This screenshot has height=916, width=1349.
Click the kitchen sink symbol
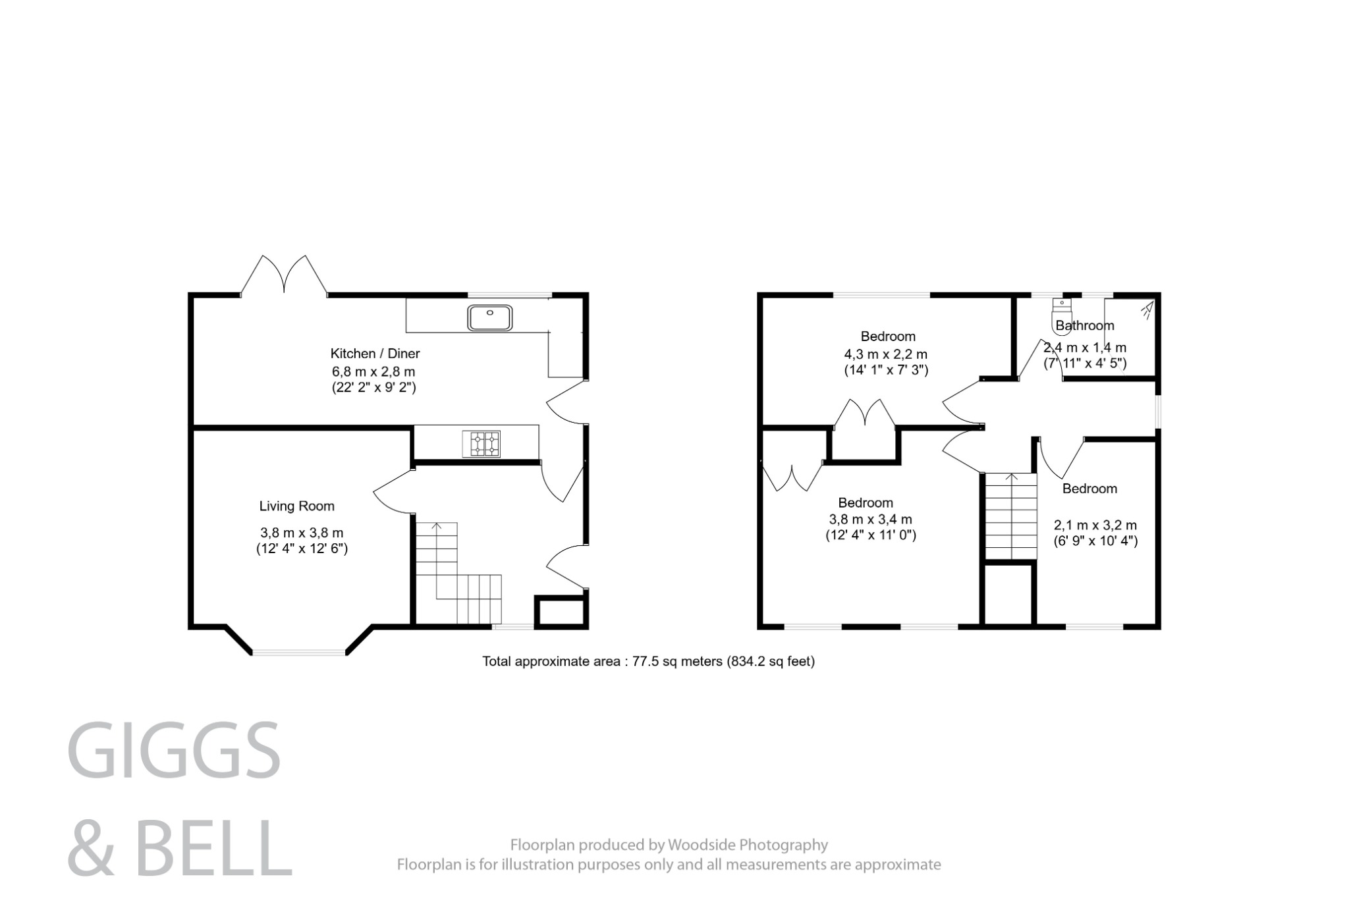click(x=489, y=317)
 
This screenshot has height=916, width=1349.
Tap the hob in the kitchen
click(x=481, y=443)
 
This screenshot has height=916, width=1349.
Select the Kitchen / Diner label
click(x=375, y=354)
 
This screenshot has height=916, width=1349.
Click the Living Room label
click(x=296, y=506)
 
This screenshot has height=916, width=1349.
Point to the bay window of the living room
click(x=298, y=653)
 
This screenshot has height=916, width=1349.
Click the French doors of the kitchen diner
click(x=284, y=277)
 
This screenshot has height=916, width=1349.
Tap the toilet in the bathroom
click(x=1062, y=317)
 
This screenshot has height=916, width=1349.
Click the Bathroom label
click(x=1085, y=325)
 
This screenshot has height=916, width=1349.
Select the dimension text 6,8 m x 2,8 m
click(x=373, y=371)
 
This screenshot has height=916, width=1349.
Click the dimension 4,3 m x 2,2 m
click(x=886, y=354)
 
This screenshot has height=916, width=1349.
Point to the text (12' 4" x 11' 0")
click(x=871, y=535)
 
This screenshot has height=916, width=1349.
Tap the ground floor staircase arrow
click(x=436, y=527)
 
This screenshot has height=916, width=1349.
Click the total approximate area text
click(x=648, y=661)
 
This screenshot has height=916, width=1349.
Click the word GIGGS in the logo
click(x=174, y=750)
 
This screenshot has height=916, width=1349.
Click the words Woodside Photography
click(x=748, y=844)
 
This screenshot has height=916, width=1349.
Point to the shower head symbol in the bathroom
click(x=1147, y=308)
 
